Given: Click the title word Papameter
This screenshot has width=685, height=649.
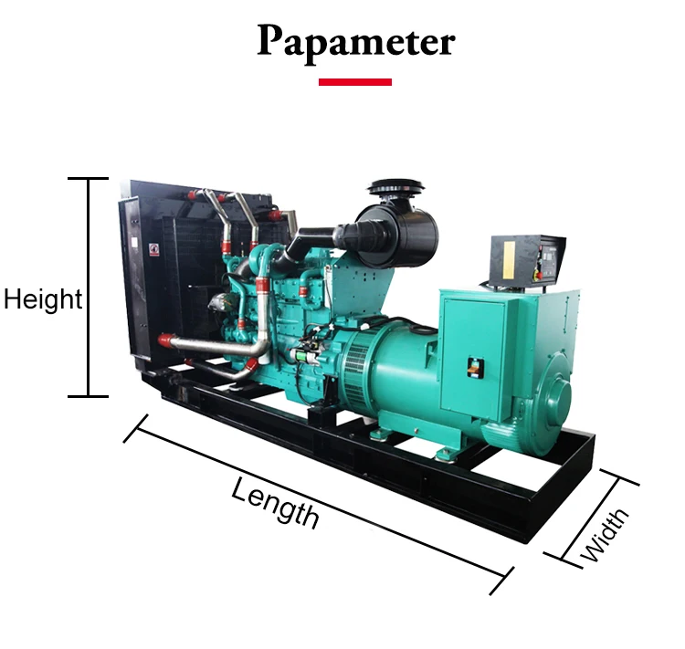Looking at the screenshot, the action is coord(355,42).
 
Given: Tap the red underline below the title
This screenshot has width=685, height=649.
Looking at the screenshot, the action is coord(355,82).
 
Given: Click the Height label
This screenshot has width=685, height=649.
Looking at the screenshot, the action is coord(42,299).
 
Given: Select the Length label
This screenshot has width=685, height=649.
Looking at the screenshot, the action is coord(275,502).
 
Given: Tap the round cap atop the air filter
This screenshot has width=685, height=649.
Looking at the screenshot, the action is coord(398,187).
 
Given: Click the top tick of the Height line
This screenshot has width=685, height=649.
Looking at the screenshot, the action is coord(89,178).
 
